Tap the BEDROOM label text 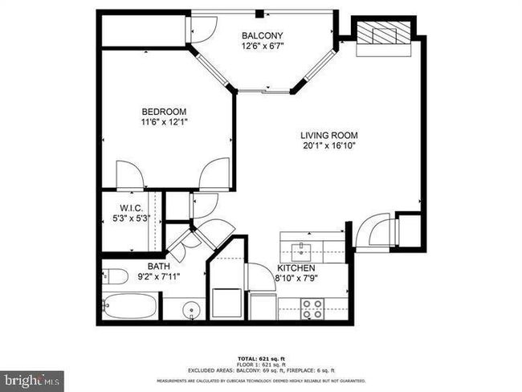click(164, 111)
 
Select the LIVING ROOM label click(328, 135)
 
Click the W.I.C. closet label click(132, 208)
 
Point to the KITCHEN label click(296, 268)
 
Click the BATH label click(157, 266)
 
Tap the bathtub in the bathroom click(132, 307)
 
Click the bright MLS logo click(32, 378)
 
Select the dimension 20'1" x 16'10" click(328, 146)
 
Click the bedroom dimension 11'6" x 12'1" click(164, 122)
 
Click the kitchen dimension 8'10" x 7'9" click(296, 279)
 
